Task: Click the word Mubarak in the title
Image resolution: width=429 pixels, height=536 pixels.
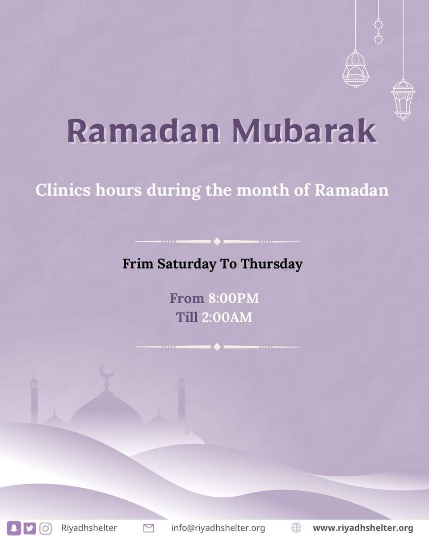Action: coord(304,131)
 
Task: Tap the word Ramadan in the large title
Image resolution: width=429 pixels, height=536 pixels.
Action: coord(143,131)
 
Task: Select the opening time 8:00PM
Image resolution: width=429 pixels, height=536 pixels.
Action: coord(234,298)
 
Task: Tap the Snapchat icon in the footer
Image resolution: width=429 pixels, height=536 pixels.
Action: coord(14,528)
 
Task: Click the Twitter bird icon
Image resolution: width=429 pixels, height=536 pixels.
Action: coord(29,528)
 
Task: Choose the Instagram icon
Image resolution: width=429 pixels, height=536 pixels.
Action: coord(45,528)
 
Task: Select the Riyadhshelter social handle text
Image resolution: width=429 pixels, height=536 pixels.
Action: coord(89,528)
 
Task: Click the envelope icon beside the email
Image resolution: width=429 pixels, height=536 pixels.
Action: coord(149,528)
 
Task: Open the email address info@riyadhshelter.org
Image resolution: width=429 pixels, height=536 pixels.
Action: coord(218,528)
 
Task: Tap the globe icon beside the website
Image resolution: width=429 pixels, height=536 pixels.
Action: coord(296,528)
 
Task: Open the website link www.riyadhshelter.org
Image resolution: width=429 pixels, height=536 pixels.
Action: coord(363,528)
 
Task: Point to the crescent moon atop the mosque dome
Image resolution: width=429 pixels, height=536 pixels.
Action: coord(107,370)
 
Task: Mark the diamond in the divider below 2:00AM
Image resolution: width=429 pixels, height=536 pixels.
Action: coord(217,347)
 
